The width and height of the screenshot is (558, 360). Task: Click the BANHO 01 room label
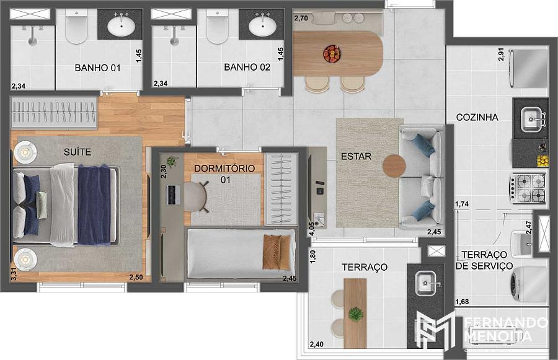[x=97, y=68]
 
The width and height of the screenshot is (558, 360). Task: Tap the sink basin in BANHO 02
[x=262, y=26]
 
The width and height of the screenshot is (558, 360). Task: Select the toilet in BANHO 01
[x=76, y=27]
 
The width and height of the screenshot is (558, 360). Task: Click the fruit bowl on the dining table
[x=332, y=54]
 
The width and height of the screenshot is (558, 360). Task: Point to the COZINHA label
[x=477, y=117]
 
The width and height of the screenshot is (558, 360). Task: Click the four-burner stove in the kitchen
[x=528, y=188]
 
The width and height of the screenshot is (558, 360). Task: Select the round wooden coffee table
[x=394, y=165]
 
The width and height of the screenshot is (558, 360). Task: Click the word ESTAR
[x=356, y=156]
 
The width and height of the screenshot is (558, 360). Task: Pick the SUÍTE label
[x=77, y=152]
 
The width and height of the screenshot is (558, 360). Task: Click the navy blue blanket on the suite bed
[x=94, y=205]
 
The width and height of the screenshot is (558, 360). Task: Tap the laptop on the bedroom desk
[x=174, y=195]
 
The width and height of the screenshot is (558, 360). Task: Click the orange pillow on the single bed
[x=272, y=252]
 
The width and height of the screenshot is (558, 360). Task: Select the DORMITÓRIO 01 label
[x=224, y=173]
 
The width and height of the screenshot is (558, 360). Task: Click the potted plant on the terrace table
[x=355, y=314]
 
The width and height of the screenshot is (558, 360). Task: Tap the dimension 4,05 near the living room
[x=312, y=229]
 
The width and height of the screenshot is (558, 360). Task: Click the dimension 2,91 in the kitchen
[x=501, y=55]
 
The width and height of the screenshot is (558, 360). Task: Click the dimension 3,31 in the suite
[x=14, y=274]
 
